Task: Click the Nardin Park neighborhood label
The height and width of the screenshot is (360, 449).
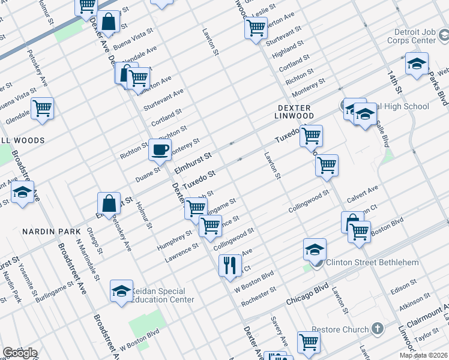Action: pos(43,231)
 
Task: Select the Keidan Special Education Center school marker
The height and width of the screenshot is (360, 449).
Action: pos(121,292)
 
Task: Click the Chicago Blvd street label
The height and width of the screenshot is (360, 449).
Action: pos(307,292)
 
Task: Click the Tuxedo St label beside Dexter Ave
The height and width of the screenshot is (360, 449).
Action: pos(199,178)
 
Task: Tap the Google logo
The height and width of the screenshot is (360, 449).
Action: pos(20,353)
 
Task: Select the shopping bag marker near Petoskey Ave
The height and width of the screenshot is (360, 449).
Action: pos(109,203)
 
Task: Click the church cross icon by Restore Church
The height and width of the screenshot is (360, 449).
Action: pos(377,328)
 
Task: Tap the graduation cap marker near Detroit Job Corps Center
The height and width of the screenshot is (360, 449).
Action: pos(416,64)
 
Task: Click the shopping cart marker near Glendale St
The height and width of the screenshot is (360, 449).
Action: pos(41,109)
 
